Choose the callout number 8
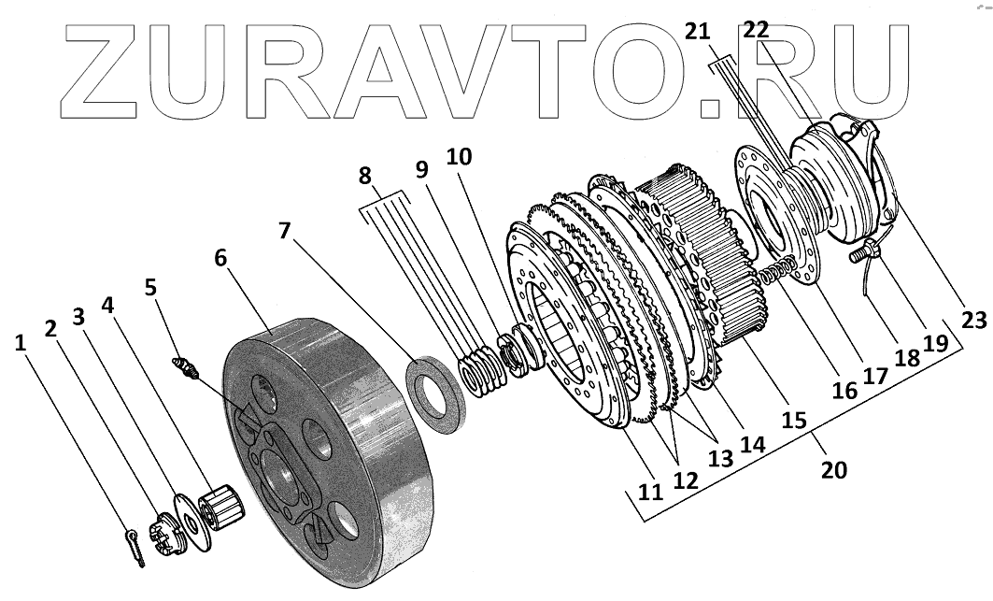coord(364,176)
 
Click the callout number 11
coord(646,489)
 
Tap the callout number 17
coord(874,377)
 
